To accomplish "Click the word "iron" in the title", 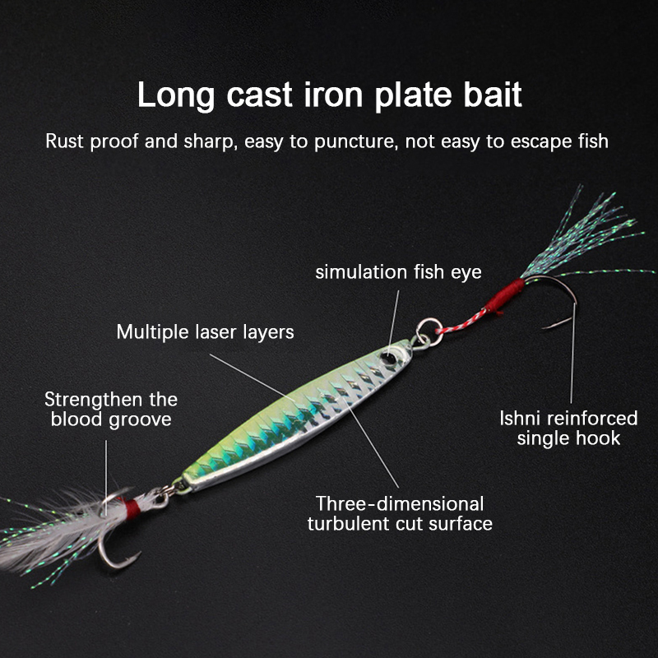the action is point(333,95).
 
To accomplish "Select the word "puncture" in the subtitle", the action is point(355,141).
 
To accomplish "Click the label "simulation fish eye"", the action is point(398,272).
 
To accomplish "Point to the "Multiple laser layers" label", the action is point(205,332).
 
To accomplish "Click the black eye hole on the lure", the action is point(387,359).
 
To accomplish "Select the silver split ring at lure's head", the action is point(429,332).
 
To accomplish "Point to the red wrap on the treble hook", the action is point(132,507).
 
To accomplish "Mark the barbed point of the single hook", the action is point(545,327).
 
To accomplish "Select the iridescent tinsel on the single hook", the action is point(587,235).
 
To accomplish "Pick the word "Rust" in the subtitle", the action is point(65,141).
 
